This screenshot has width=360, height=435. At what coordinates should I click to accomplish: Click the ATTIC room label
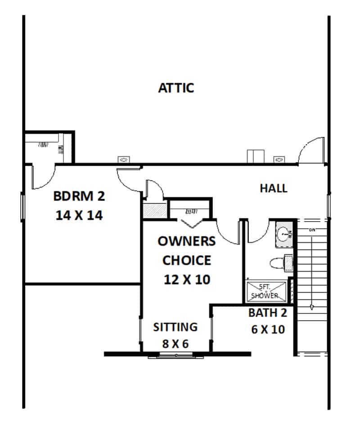click(176, 88)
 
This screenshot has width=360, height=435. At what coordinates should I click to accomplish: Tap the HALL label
click(274, 188)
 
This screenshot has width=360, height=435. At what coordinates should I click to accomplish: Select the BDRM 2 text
click(79, 196)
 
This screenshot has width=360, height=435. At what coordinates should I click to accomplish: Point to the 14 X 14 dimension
click(79, 215)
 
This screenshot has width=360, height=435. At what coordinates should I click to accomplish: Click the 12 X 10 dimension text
click(187, 279)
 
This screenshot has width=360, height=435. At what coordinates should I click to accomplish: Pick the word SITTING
click(175, 327)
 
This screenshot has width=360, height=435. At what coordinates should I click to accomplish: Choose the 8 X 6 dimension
click(175, 344)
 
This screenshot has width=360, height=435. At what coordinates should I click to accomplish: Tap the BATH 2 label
click(267, 313)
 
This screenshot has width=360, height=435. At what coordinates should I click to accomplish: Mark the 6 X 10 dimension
click(268, 330)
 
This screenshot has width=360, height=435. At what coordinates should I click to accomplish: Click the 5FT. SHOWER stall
click(266, 291)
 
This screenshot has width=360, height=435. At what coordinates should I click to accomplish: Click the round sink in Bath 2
click(284, 234)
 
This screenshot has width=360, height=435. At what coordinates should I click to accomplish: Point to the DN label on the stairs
click(312, 230)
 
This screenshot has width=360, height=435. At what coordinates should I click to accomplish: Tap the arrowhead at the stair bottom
click(312, 308)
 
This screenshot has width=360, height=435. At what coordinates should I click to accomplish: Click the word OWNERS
click(186, 241)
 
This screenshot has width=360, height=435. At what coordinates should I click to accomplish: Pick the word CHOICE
click(187, 260)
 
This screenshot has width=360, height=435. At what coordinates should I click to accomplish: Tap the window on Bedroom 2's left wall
click(22, 207)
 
